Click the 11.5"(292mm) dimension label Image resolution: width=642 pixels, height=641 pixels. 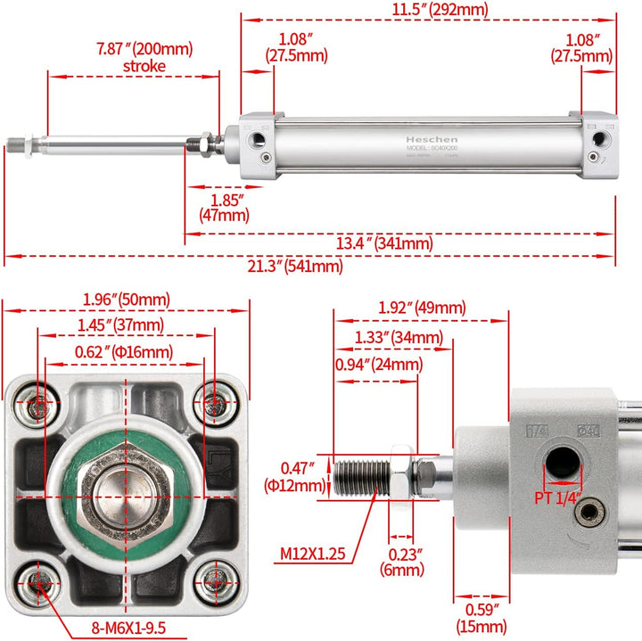click(x=428, y=10)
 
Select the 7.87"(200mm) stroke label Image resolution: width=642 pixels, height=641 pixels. click(x=144, y=57)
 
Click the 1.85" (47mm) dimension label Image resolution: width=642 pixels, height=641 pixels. click(x=224, y=208)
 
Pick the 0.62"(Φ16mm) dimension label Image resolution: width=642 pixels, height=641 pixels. click(x=125, y=352)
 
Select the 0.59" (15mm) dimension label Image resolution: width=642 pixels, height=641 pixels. click(x=481, y=620)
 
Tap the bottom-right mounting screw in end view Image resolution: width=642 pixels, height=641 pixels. click(x=212, y=580)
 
